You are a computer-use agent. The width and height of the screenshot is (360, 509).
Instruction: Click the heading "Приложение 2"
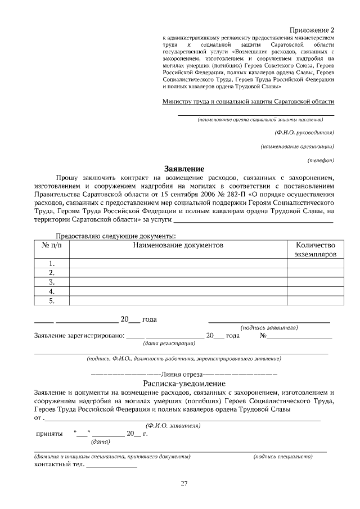[312, 29]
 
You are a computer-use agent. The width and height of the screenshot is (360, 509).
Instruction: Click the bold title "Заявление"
[184, 169]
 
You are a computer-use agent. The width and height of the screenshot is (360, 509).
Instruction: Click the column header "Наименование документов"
[178, 245]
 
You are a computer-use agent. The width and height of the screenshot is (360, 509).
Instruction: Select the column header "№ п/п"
[52, 245]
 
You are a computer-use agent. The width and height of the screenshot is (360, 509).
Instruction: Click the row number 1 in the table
[52, 263]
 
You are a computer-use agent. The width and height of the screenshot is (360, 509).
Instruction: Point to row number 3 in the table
[52, 282]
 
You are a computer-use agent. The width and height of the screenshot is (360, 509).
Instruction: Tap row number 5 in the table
[52, 301]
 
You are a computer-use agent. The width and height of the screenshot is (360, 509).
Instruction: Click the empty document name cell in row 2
[178, 273]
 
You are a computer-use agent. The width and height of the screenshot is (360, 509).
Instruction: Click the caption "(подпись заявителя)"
[269, 327]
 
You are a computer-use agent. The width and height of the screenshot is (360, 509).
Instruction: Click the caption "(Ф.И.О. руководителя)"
[304, 133]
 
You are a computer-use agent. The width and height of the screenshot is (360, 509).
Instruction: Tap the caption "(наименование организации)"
[298, 146]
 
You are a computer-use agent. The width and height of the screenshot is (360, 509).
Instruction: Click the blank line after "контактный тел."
[111, 466]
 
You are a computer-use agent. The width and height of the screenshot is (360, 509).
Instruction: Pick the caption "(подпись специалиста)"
[283, 457]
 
